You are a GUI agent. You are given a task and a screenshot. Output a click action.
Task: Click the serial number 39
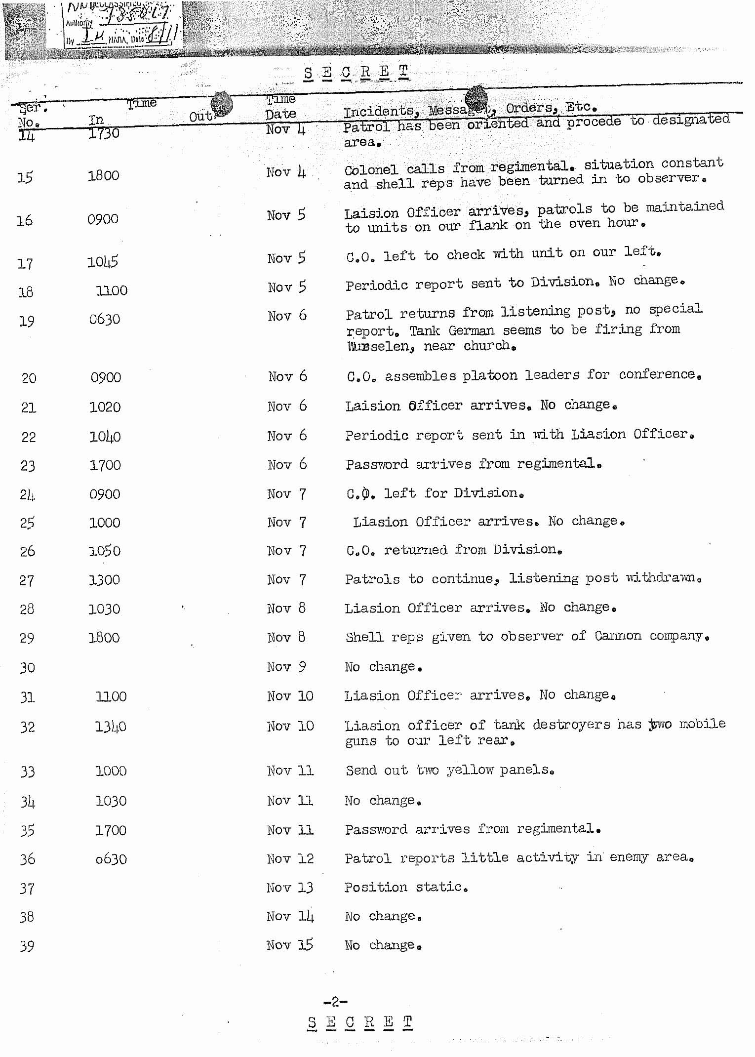tap(27, 946)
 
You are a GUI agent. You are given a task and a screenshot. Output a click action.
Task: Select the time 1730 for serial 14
tap(104, 133)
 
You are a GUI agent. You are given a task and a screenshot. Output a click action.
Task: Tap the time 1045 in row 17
tap(103, 262)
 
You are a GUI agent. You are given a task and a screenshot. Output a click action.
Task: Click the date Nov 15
tap(290, 945)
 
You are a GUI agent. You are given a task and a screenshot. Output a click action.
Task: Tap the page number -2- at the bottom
tap(335, 1002)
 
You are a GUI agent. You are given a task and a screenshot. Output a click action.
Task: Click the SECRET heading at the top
tap(356, 72)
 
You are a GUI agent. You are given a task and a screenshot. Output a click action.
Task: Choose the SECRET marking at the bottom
tap(359, 1022)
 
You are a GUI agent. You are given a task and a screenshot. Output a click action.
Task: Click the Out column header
tap(200, 117)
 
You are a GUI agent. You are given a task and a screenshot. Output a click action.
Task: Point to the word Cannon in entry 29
tap(618, 636)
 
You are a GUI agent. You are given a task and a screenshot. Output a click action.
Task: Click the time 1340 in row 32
tap(111, 727)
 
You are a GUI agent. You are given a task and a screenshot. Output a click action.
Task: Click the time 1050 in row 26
tap(104, 551)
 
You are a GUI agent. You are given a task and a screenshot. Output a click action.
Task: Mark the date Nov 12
tap(290, 858)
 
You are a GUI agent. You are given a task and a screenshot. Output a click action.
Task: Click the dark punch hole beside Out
tap(222, 104)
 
